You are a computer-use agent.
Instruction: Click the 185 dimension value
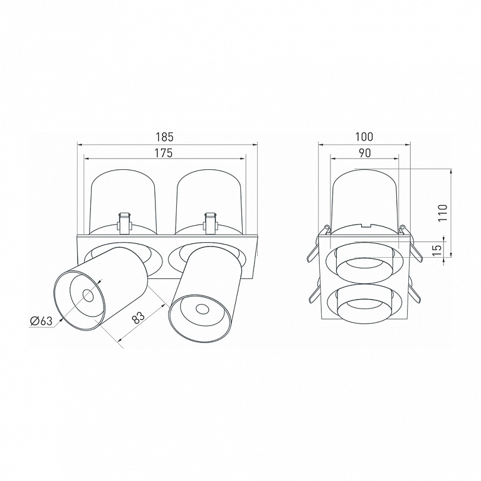(165, 137)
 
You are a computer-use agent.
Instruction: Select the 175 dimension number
(164, 153)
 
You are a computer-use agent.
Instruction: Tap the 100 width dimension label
(364, 137)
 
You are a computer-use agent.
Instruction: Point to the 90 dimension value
(365, 153)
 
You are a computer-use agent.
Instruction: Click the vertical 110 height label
(443, 213)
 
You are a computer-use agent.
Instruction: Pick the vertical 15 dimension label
(438, 250)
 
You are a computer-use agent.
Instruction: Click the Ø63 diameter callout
(41, 321)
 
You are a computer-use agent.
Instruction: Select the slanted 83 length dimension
(139, 318)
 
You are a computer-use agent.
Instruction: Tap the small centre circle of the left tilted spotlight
(88, 296)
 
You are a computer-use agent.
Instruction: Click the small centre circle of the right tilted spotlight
(201, 310)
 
